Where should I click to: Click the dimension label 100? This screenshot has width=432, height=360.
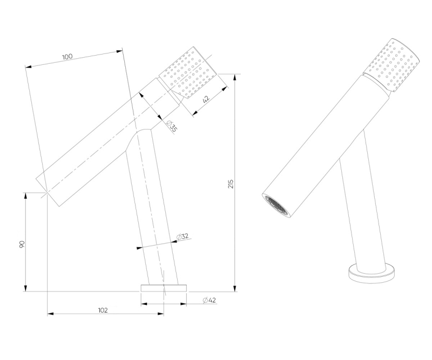(x=67, y=57)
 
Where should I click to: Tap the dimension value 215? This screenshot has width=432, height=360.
(x=231, y=184)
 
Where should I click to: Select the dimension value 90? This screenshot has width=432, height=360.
(x=22, y=244)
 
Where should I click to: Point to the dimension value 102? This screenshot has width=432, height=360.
(x=103, y=310)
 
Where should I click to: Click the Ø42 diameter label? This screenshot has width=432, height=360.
(x=210, y=300)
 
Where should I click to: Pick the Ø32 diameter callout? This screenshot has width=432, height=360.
(x=183, y=236)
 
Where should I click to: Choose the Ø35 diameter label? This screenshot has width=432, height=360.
(x=172, y=126)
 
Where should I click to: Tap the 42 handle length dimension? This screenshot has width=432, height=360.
(x=206, y=99)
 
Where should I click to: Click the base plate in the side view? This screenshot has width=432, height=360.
(x=164, y=288)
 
